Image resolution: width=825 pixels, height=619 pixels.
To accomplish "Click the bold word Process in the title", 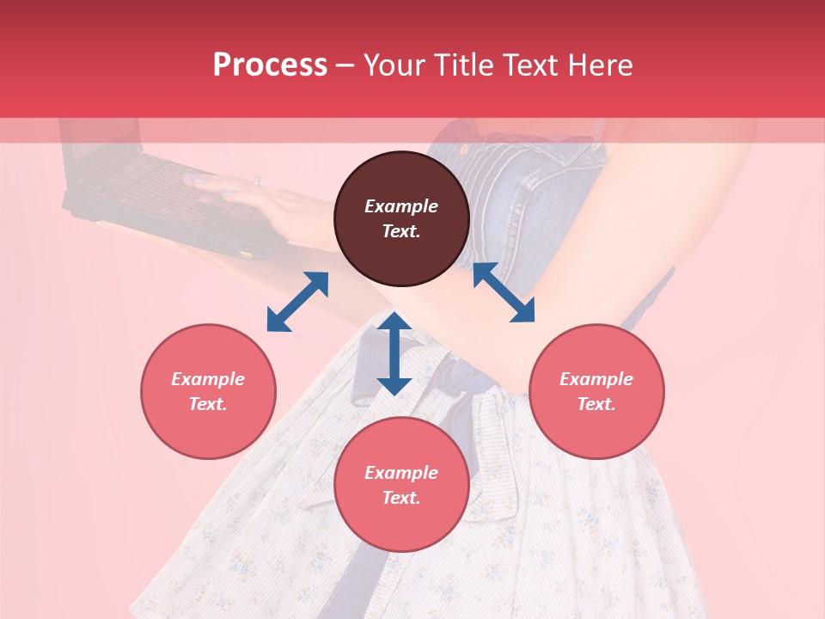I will (270, 65).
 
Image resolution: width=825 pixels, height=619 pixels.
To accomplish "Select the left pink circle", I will (208, 391).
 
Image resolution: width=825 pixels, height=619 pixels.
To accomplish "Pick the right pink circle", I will (596, 391).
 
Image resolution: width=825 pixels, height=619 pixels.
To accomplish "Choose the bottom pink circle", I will (401, 484).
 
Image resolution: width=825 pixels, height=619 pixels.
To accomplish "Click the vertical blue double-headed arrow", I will (394, 353).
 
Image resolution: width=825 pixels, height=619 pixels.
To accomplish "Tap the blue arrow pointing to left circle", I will (297, 301).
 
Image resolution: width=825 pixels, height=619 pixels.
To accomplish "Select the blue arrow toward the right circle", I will (504, 292).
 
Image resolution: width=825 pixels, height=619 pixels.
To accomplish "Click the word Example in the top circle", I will (401, 206).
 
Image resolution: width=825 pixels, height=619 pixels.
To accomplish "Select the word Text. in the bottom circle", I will (401, 498).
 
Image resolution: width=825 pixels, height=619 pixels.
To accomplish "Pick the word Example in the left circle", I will (208, 379).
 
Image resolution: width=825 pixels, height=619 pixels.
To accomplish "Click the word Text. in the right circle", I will (596, 404).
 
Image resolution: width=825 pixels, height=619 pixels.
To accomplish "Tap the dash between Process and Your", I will (345, 65).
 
